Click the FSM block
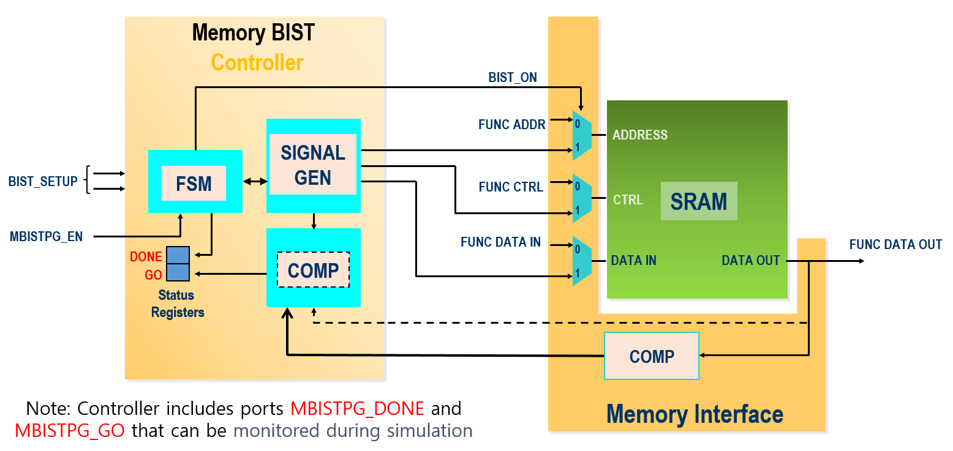click(x=195, y=182)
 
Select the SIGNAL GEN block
click(x=313, y=165)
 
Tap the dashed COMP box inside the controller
click(x=313, y=270)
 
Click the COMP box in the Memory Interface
click(x=651, y=356)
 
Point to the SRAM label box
click(x=699, y=201)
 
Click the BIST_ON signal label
click(x=513, y=78)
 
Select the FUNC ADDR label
click(x=512, y=125)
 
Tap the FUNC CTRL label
click(x=511, y=187)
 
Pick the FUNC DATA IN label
click(x=500, y=242)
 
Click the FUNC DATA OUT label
click(x=895, y=245)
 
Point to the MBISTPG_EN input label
click(x=47, y=236)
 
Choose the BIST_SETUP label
click(x=43, y=182)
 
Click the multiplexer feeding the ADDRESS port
click(x=581, y=135)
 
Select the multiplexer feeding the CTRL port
click(x=581, y=198)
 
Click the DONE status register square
click(x=178, y=255)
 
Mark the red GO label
click(x=153, y=275)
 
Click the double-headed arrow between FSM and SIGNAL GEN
click(x=255, y=182)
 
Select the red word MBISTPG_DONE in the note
click(x=357, y=408)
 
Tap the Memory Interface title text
click(x=695, y=414)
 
